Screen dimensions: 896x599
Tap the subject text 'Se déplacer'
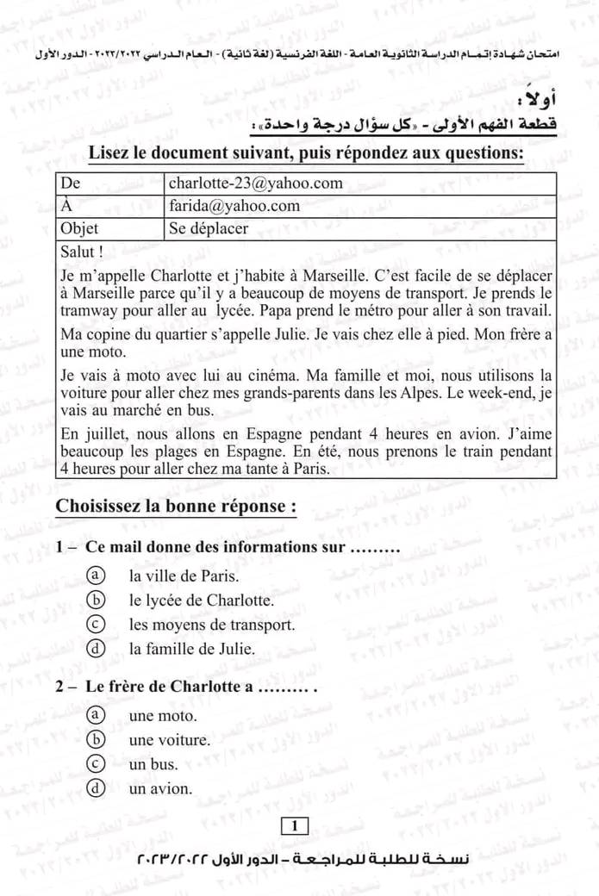[x=209, y=229]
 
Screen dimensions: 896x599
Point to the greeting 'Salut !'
[x=83, y=252]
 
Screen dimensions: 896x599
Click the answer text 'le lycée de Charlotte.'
[x=201, y=600]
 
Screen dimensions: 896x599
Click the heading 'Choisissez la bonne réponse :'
[x=177, y=507]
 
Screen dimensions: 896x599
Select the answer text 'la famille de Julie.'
[x=192, y=649]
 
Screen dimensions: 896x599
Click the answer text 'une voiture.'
[x=170, y=740]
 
